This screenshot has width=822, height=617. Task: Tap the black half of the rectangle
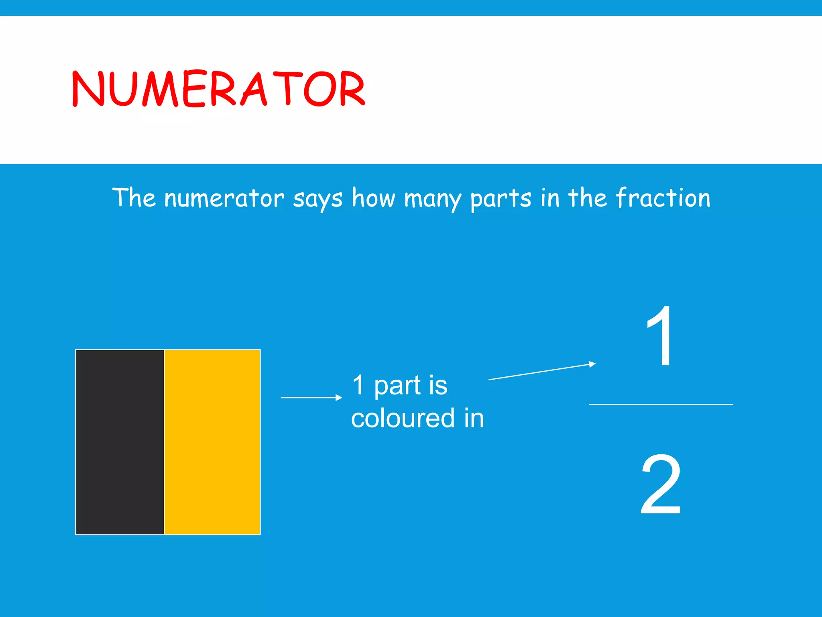(120, 442)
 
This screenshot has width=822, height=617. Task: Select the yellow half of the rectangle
(212, 442)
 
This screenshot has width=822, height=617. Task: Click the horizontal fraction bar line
(661, 404)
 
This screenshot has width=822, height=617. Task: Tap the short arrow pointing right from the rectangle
(311, 397)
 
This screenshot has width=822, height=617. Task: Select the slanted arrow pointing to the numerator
(542, 372)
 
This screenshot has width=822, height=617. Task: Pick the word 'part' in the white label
(397, 386)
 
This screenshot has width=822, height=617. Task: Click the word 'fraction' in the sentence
(663, 198)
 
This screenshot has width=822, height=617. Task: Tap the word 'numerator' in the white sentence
(224, 198)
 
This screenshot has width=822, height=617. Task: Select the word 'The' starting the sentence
(134, 198)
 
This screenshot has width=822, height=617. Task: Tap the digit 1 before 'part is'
(358, 385)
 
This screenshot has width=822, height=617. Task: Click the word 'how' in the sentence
(373, 198)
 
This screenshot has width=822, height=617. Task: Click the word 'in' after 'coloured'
(474, 418)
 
